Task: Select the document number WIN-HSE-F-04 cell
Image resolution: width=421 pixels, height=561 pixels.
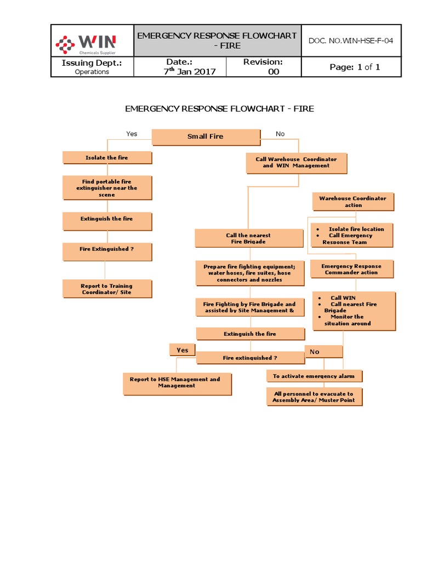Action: click(x=351, y=41)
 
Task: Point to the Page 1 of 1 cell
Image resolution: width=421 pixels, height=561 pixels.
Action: click(x=355, y=67)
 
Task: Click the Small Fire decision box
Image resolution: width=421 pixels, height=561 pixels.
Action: click(x=206, y=136)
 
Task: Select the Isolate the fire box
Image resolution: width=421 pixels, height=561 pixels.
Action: click(x=107, y=158)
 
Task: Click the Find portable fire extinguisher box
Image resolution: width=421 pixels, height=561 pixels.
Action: click(x=107, y=188)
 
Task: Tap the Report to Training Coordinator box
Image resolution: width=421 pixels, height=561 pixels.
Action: click(x=107, y=289)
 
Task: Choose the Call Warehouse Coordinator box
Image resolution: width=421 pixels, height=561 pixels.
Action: click(x=296, y=162)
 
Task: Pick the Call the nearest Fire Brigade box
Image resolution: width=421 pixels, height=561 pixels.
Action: click(x=248, y=238)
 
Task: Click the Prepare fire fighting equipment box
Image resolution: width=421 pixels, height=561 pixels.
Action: click(x=249, y=273)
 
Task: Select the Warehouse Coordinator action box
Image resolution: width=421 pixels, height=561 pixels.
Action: click(x=353, y=202)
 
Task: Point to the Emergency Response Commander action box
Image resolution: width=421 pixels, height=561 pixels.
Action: click(x=351, y=269)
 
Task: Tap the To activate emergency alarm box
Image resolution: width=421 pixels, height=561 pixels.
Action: click(x=314, y=376)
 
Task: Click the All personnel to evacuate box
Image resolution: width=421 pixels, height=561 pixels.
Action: click(x=314, y=397)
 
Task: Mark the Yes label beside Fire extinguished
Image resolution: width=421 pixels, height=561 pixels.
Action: click(x=183, y=350)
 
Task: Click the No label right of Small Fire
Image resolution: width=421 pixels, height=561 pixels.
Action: click(x=280, y=134)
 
